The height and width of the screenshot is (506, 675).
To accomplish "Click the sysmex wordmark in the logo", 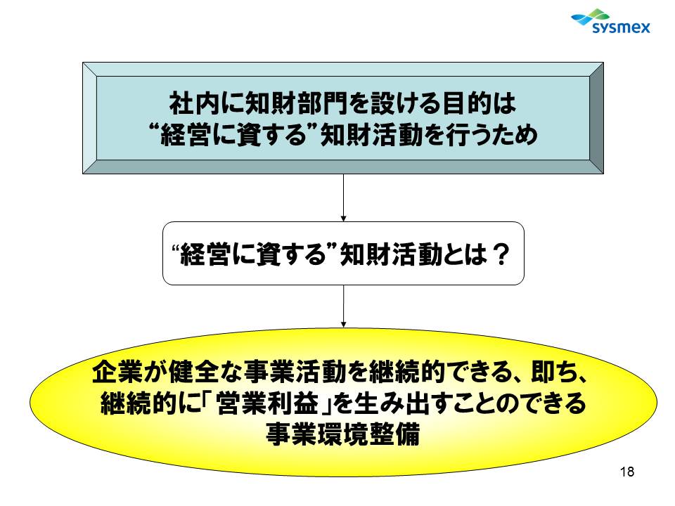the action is coord(621,28).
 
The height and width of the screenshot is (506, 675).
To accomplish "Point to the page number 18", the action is coord(627,472).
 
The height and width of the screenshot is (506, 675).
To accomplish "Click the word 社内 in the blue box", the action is coord(195,104).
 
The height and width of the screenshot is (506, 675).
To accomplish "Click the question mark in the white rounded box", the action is coord(500,254).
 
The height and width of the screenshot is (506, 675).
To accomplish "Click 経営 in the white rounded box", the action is coord(205,254).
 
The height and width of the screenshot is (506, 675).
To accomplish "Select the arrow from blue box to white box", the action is coord(343,198).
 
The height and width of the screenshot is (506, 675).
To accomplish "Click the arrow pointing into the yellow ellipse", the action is coord(343,306).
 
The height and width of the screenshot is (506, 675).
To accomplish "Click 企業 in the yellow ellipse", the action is coord(117,372).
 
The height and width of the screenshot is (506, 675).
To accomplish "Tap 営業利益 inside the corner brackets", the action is coord(268,403).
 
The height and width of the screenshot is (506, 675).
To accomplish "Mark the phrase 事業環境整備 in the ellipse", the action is coord(342,434).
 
